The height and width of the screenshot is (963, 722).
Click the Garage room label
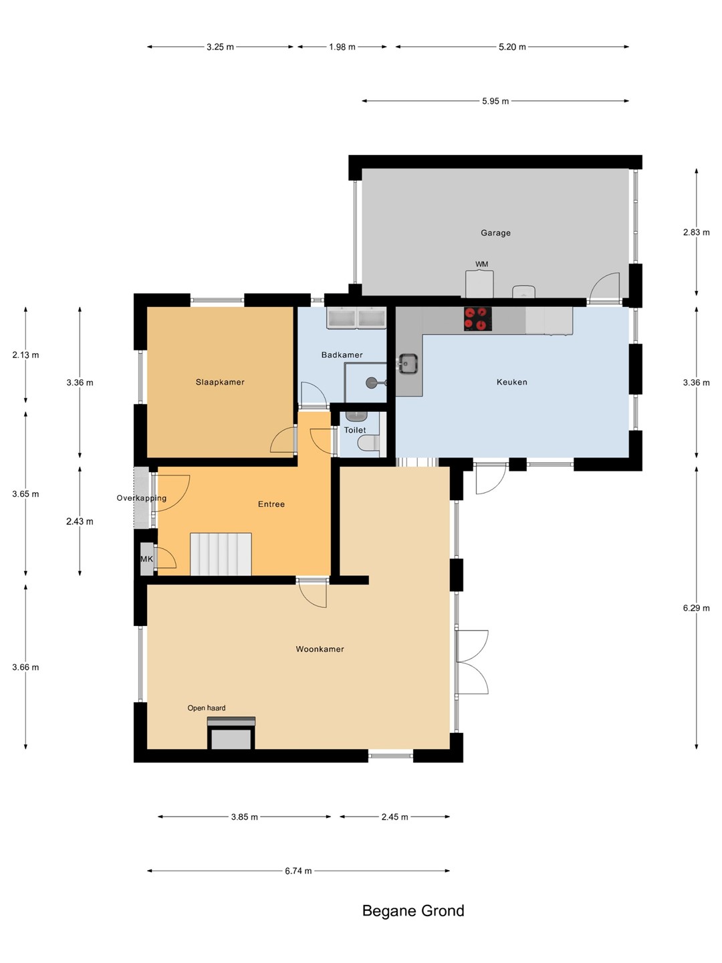point(495,233)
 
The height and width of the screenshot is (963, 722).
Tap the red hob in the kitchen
point(478,318)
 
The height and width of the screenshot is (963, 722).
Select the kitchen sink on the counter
point(408,364)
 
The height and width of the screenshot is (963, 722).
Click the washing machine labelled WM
point(479,284)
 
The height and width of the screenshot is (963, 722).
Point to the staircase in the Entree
point(221,554)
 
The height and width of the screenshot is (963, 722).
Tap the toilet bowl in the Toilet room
point(368,443)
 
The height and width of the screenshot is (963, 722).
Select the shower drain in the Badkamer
point(372,383)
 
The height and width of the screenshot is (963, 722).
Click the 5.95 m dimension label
point(495,102)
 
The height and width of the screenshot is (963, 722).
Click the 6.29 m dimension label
point(696,608)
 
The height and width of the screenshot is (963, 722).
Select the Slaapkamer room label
point(220,382)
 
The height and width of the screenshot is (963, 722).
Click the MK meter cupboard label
point(146,559)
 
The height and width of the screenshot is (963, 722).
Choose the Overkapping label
point(142,498)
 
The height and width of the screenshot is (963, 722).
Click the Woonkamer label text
point(320,649)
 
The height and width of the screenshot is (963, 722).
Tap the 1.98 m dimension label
point(342,47)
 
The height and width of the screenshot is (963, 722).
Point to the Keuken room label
point(511,382)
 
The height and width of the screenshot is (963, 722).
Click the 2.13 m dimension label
point(25,355)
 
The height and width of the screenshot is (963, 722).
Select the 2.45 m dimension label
point(394,817)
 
